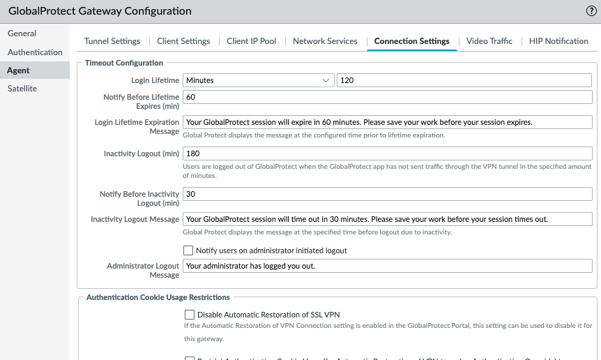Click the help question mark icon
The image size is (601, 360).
click(x=591, y=11)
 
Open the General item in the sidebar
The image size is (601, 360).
click(x=22, y=33)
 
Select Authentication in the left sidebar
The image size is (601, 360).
click(x=35, y=52)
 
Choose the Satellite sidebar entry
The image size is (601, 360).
click(x=22, y=89)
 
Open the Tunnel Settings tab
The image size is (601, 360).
click(x=112, y=41)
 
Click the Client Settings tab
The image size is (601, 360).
click(x=183, y=41)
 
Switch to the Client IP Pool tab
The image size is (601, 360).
click(x=252, y=41)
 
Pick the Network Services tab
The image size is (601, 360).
click(x=325, y=41)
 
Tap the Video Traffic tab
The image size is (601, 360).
click(x=489, y=41)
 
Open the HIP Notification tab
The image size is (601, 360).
click(x=558, y=41)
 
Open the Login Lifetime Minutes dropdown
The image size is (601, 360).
click(x=258, y=80)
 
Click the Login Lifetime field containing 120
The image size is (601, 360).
click(x=464, y=80)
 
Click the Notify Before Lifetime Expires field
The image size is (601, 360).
click(x=387, y=96)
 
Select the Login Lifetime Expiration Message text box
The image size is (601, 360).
click(x=387, y=122)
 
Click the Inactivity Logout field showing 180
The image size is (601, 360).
click(x=387, y=153)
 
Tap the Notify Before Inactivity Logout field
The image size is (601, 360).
click(x=387, y=194)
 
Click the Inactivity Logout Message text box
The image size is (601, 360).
click(x=387, y=219)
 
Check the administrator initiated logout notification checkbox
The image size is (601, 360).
click(x=188, y=250)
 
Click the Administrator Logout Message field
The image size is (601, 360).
click(x=387, y=266)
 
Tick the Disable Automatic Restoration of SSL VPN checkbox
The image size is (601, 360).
click(x=190, y=315)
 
